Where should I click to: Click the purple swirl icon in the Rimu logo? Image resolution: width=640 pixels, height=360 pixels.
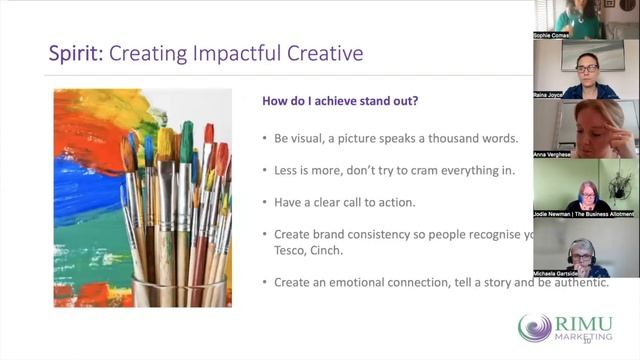coord(534,327)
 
